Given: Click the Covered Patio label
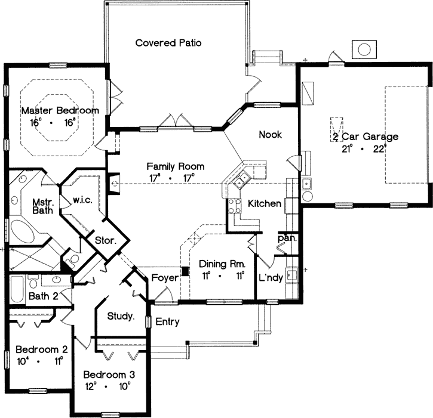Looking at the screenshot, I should click(x=168, y=43).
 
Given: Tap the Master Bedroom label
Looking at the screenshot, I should click(x=60, y=111).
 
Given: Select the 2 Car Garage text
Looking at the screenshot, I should click(x=365, y=137).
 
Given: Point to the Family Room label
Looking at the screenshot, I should click(x=176, y=167).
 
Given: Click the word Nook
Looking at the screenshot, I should click(x=269, y=135).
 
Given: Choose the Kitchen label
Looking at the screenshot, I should click(x=265, y=204).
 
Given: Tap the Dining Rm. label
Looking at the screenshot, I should click(x=221, y=264).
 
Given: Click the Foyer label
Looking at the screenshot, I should click(x=164, y=277).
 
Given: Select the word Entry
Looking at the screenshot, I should click(x=168, y=322).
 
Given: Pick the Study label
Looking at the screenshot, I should click(x=121, y=315).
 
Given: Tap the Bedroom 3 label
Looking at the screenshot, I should click(x=109, y=375).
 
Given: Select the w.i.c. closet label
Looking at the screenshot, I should click(x=82, y=200).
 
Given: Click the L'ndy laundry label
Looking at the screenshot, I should click(x=270, y=278).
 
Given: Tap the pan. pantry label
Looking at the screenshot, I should click(x=284, y=239).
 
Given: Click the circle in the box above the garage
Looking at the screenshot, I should click(x=364, y=48).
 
